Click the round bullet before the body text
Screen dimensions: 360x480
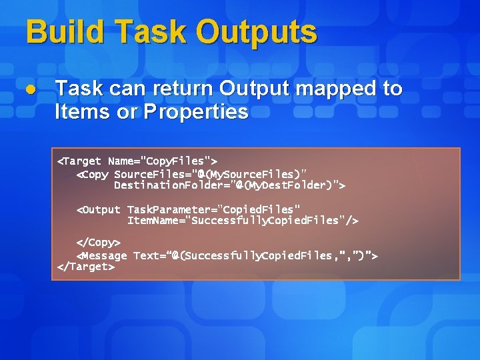pos(31,89)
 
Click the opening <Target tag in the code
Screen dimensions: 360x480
pos(79,161)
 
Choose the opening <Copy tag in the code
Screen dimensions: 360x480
pos(93,175)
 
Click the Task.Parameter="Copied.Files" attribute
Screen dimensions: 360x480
pos(213,210)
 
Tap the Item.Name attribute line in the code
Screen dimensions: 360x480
pos(243,221)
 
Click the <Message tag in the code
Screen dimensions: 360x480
pos(101,256)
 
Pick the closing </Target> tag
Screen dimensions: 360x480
pos(86,267)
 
